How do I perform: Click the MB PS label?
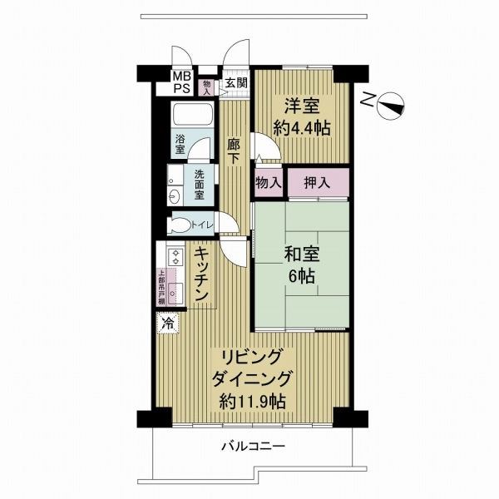pos(180,83)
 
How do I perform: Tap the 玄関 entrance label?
pos(236,83)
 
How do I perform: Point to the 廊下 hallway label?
pos(235,149)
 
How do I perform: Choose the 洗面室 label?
pos(200,185)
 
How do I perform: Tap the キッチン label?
pos(200,274)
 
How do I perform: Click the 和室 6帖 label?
pos(300,264)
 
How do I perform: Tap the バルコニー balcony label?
pos(252,447)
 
